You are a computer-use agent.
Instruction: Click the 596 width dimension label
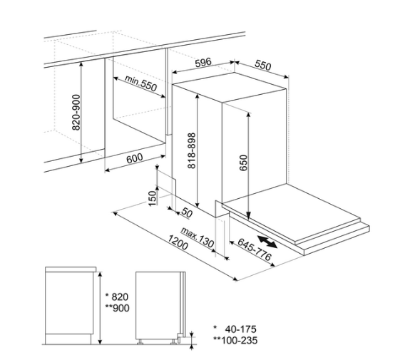203,62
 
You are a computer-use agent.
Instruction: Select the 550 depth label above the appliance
263,65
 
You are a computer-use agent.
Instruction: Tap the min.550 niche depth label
141,83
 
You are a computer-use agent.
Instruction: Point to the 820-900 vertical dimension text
76,113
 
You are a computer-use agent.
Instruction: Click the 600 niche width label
134,158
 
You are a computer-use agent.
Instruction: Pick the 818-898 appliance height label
192,150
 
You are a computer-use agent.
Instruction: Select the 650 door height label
243,163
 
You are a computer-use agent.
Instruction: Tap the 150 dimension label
152,198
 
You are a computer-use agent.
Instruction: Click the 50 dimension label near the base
187,213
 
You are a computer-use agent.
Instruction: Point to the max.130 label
197,237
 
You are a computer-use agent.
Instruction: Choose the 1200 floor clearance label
178,242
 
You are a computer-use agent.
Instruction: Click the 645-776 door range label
255,250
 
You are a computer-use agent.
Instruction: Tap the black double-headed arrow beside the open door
267,242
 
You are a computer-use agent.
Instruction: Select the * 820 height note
117,297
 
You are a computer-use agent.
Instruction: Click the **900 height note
117,308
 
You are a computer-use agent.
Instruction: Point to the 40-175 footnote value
240,329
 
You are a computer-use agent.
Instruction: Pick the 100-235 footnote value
239,340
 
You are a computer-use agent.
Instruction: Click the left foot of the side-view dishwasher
139,342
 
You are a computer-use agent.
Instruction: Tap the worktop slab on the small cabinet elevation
71,269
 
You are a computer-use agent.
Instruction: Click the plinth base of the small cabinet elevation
68,339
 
